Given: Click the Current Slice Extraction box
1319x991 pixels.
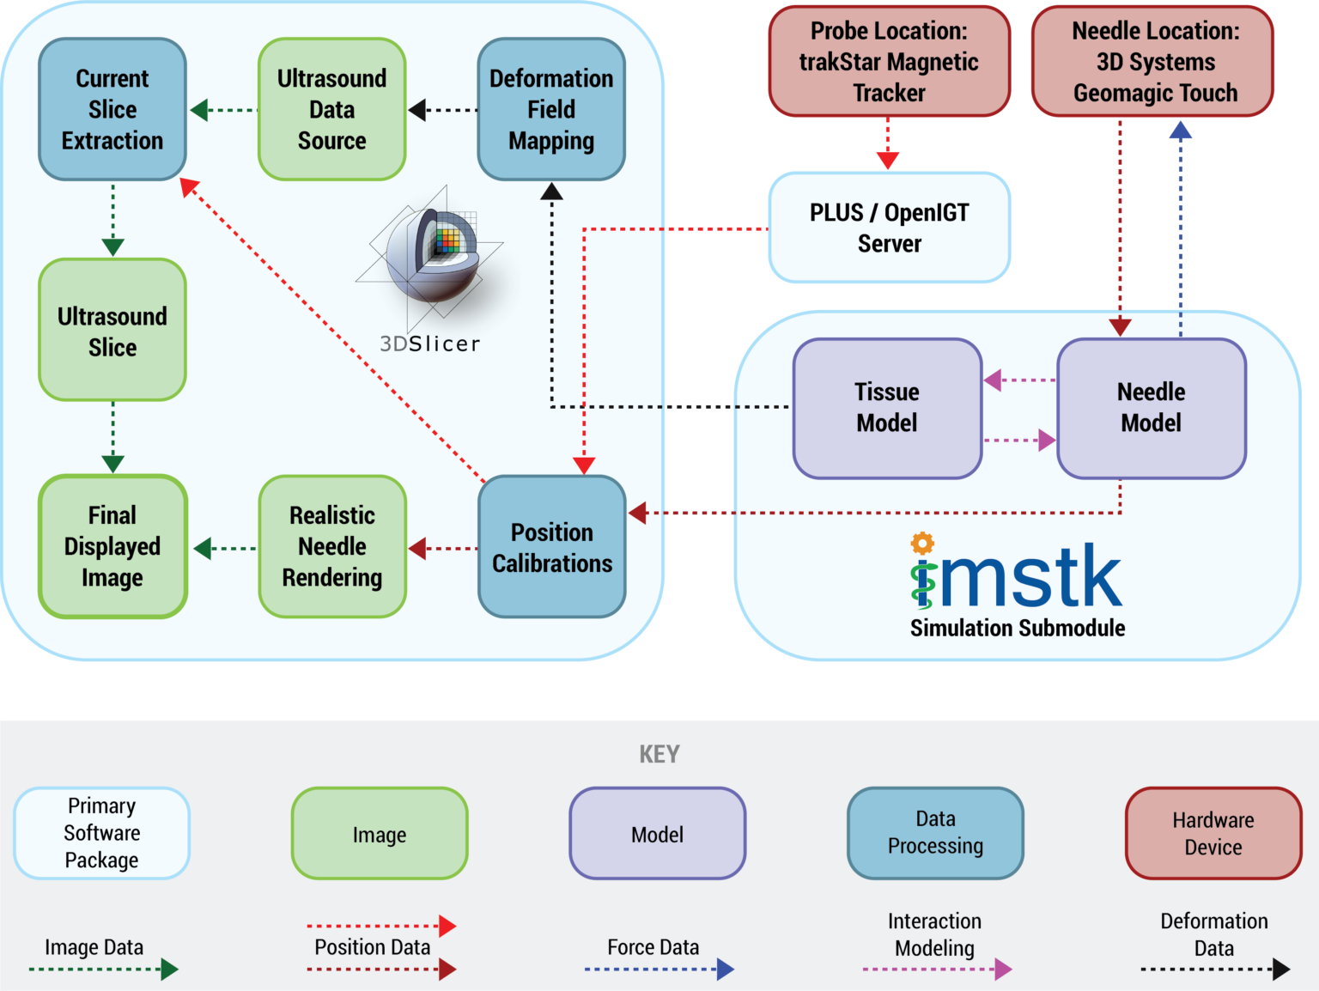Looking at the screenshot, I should click(x=112, y=109).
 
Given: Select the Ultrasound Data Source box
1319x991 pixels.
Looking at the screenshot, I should click(x=331, y=109).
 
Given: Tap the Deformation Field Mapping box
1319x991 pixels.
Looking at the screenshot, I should click(x=551, y=109).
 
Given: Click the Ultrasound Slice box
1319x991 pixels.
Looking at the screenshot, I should click(x=112, y=331).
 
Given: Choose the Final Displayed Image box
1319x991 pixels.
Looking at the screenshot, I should click(x=112, y=546).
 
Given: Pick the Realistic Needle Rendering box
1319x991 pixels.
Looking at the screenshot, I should click(x=331, y=546).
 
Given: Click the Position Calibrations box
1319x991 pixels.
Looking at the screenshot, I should click(x=552, y=547).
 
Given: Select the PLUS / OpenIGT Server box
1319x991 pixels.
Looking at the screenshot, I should click(x=889, y=228).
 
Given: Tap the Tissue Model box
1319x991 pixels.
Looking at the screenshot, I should click(x=887, y=408).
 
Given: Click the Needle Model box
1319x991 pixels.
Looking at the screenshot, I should click(x=1151, y=408).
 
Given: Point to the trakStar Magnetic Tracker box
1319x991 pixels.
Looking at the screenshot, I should click(x=889, y=62).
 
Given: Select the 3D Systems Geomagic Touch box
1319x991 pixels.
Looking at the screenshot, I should click(x=1153, y=62).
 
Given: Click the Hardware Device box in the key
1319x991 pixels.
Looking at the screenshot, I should click(x=1213, y=833).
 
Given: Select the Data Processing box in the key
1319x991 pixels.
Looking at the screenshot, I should click(x=935, y=833).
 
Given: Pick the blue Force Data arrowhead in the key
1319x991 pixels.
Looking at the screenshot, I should click(x=726, y=970).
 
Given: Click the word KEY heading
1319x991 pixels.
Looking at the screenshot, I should click(x=659, y=754).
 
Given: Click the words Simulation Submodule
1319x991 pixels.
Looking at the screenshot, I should click(x=1018, y=628).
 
